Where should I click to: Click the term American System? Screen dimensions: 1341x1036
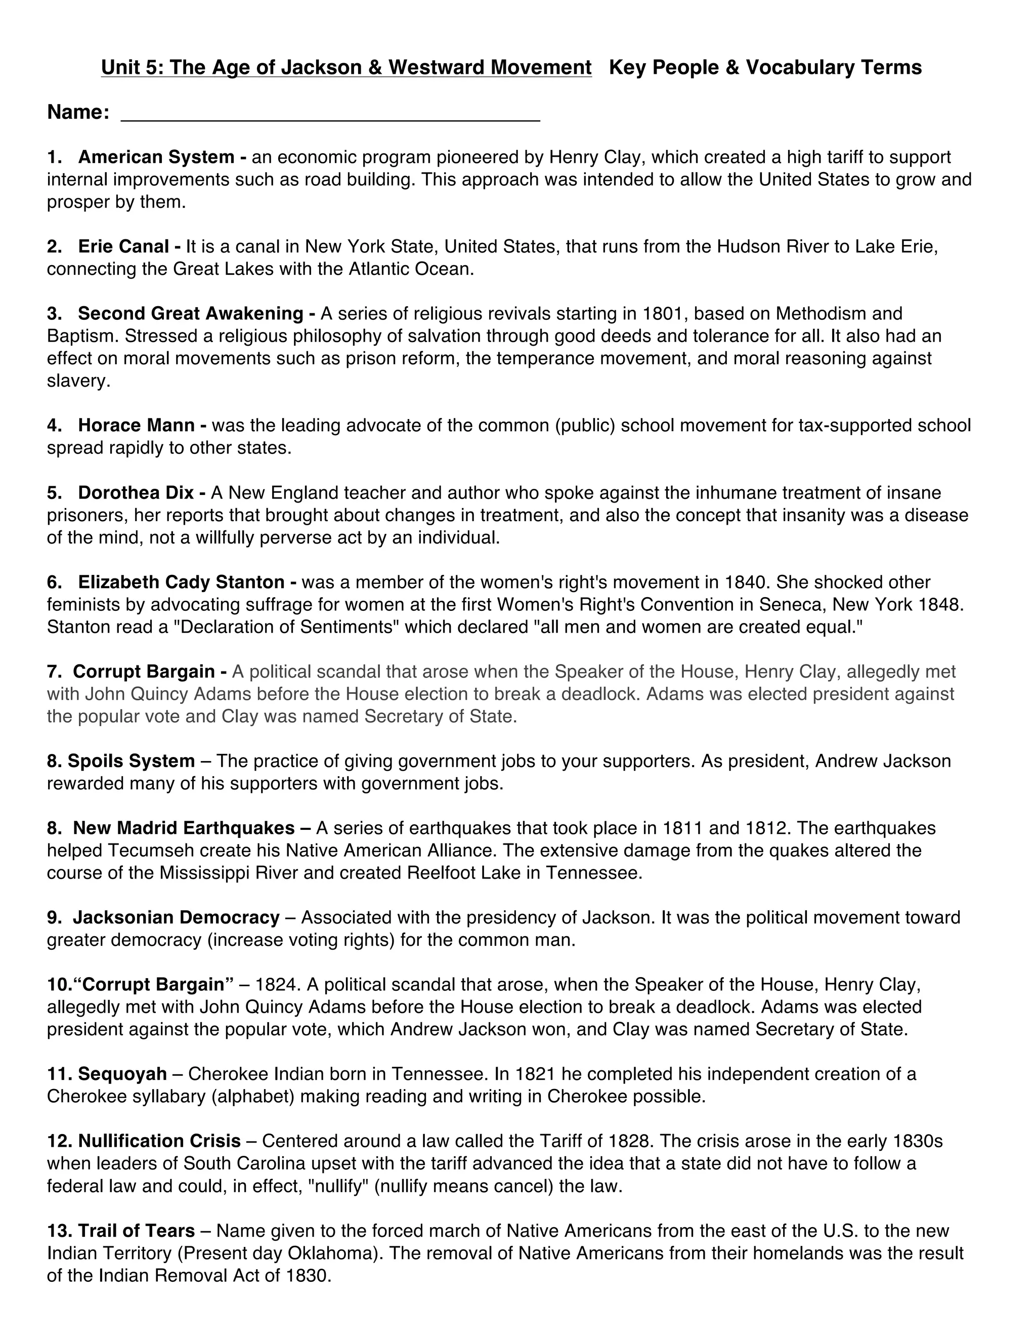click(156, 157)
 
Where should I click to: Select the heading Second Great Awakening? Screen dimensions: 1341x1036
click(190, 314)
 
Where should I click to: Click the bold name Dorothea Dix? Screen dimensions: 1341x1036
click(136, 493)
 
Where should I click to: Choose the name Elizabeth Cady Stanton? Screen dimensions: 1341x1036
click(181, 582)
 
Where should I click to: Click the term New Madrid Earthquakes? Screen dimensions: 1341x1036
click(184, 828)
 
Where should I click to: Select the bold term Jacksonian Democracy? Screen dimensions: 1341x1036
click(176, 918)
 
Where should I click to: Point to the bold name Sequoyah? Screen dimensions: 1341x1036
click(122, 1074)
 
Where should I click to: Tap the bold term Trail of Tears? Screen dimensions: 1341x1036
click(136, 1231)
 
